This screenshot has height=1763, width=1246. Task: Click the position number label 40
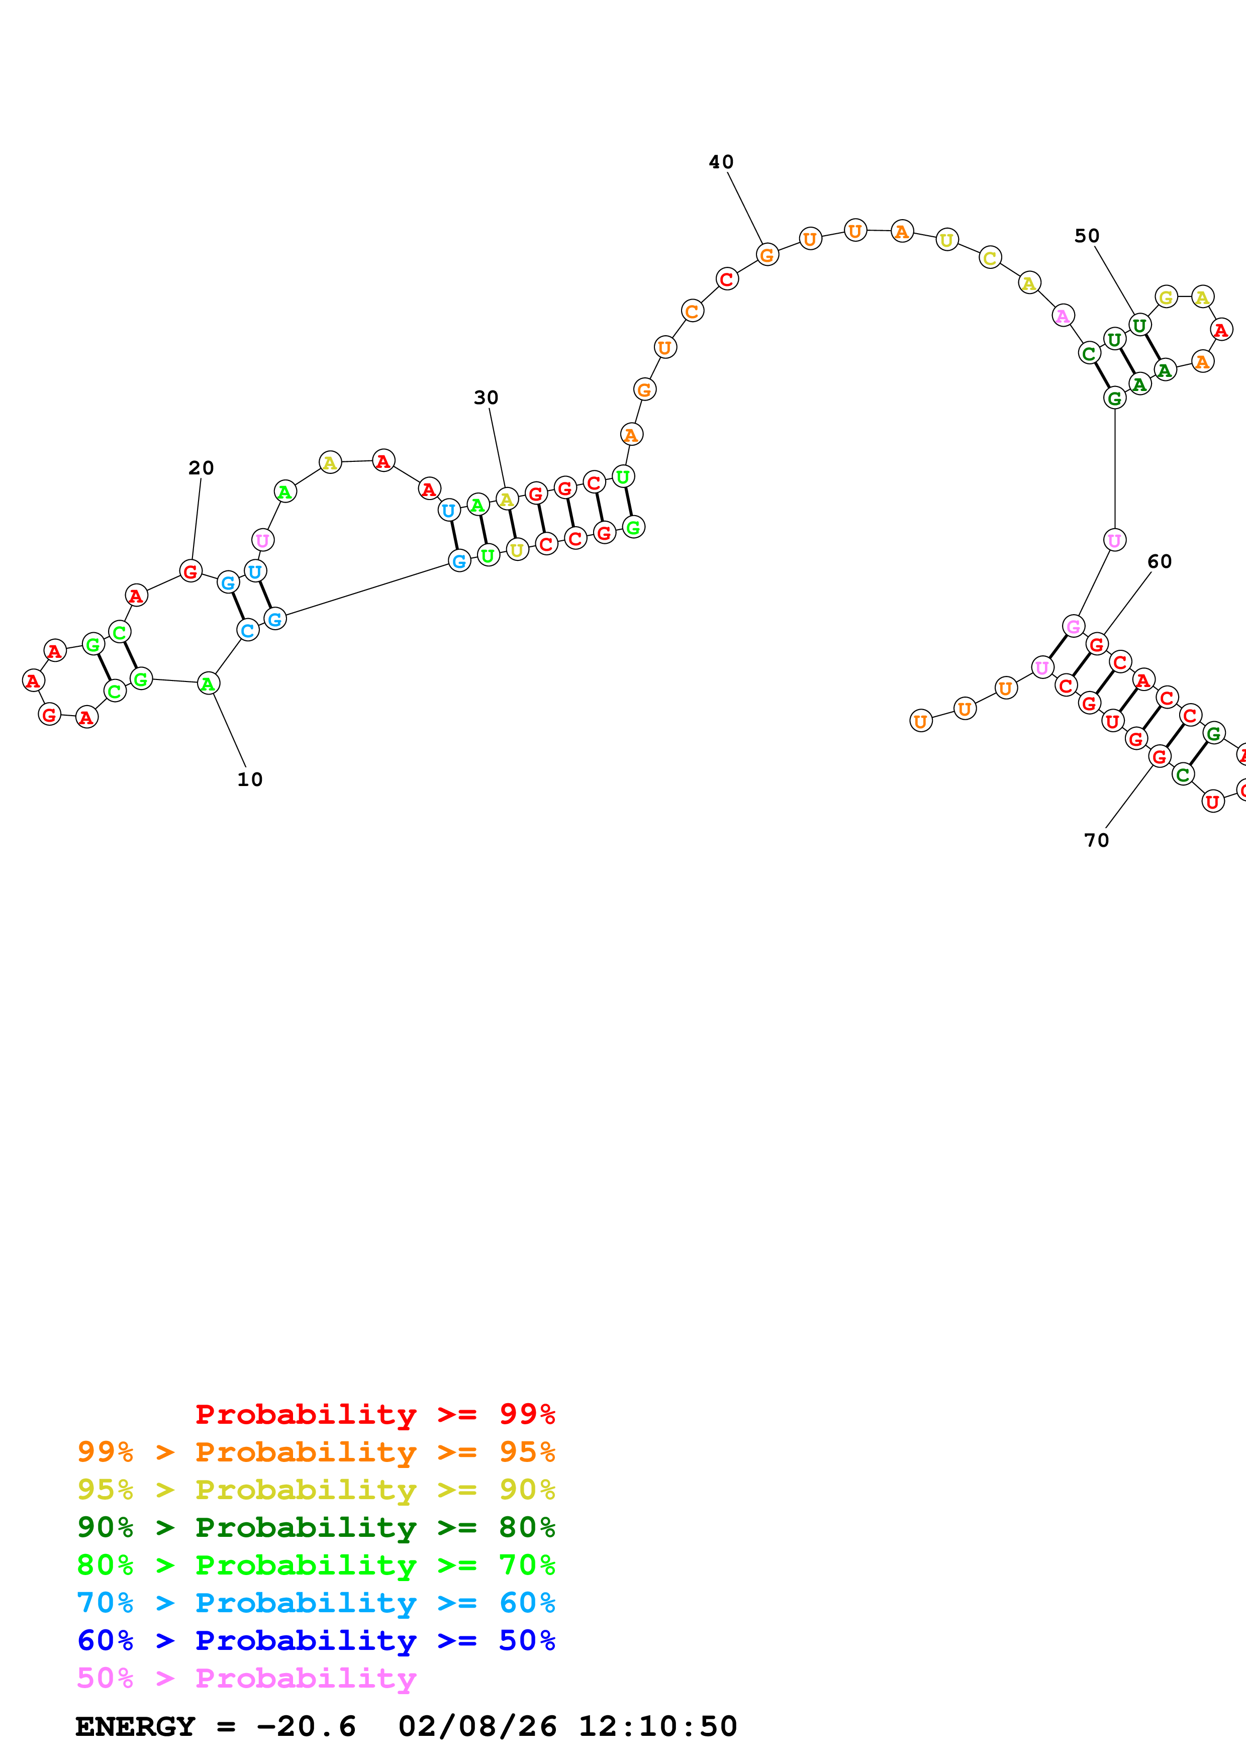coord(720,162)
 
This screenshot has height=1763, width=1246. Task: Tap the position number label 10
coord(249,779)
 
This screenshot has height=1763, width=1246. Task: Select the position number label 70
coord(1096,840)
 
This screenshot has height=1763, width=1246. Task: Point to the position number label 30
coord(485,398)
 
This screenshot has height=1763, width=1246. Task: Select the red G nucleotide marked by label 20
coord(190,571)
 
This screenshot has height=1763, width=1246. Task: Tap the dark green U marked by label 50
coord(1139,326)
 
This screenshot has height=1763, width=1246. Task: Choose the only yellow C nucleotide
coord(990,258)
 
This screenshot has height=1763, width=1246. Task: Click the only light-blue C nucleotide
coord(248,630)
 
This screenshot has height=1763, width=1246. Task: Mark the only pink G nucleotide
coord(1073,627)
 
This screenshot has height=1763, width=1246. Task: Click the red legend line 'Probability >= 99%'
coord(374,1414)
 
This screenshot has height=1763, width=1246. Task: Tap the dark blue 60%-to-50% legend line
coord(316,1640)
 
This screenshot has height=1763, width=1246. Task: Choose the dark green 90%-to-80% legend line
coord(316,1527)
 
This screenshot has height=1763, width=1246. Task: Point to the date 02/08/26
coord(477,1726)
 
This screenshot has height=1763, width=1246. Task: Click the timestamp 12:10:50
coord(657,1726)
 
